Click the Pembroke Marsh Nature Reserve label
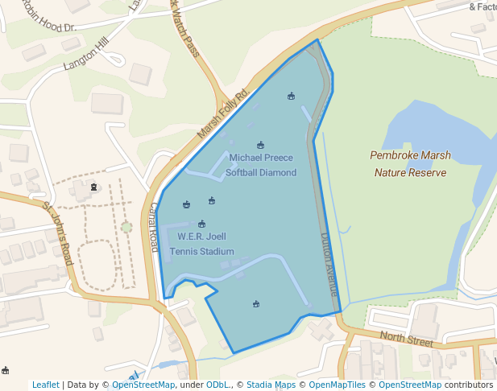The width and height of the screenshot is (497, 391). [410, 163]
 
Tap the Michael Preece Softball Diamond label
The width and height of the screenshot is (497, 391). [261, 165]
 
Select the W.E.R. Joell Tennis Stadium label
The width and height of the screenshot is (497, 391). [201, 244]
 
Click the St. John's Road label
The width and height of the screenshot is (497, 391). [58, 233]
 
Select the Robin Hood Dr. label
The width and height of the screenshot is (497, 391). [48, 16]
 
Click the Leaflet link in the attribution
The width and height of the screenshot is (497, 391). [45, 385]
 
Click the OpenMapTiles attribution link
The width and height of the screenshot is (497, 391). [336, 385]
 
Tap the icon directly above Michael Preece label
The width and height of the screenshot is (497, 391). [260, 146]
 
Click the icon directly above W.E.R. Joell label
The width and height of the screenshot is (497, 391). [201, 224]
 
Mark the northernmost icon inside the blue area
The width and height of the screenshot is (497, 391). [291, 97]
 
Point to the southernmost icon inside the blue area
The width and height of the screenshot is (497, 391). [256, 304]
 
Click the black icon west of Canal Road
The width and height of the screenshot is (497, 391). [93, 187]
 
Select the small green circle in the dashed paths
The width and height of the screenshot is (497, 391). [126, 227]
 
